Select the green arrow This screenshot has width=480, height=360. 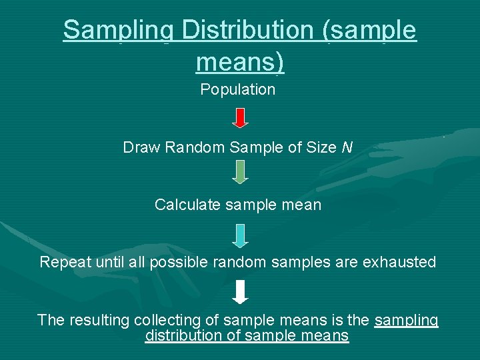pos(241,171)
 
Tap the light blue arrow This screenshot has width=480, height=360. pos(241,235)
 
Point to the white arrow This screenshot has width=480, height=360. pos(241,292)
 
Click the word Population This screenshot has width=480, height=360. pos(238,89)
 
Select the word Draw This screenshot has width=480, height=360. pos(141,147)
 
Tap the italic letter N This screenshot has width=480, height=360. pos(347,147)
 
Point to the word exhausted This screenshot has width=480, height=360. pos(399,262)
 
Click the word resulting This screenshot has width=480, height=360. pos(98,320)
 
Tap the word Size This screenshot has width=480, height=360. pos(321,147)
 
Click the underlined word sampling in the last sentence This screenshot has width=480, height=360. pos(407,321)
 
